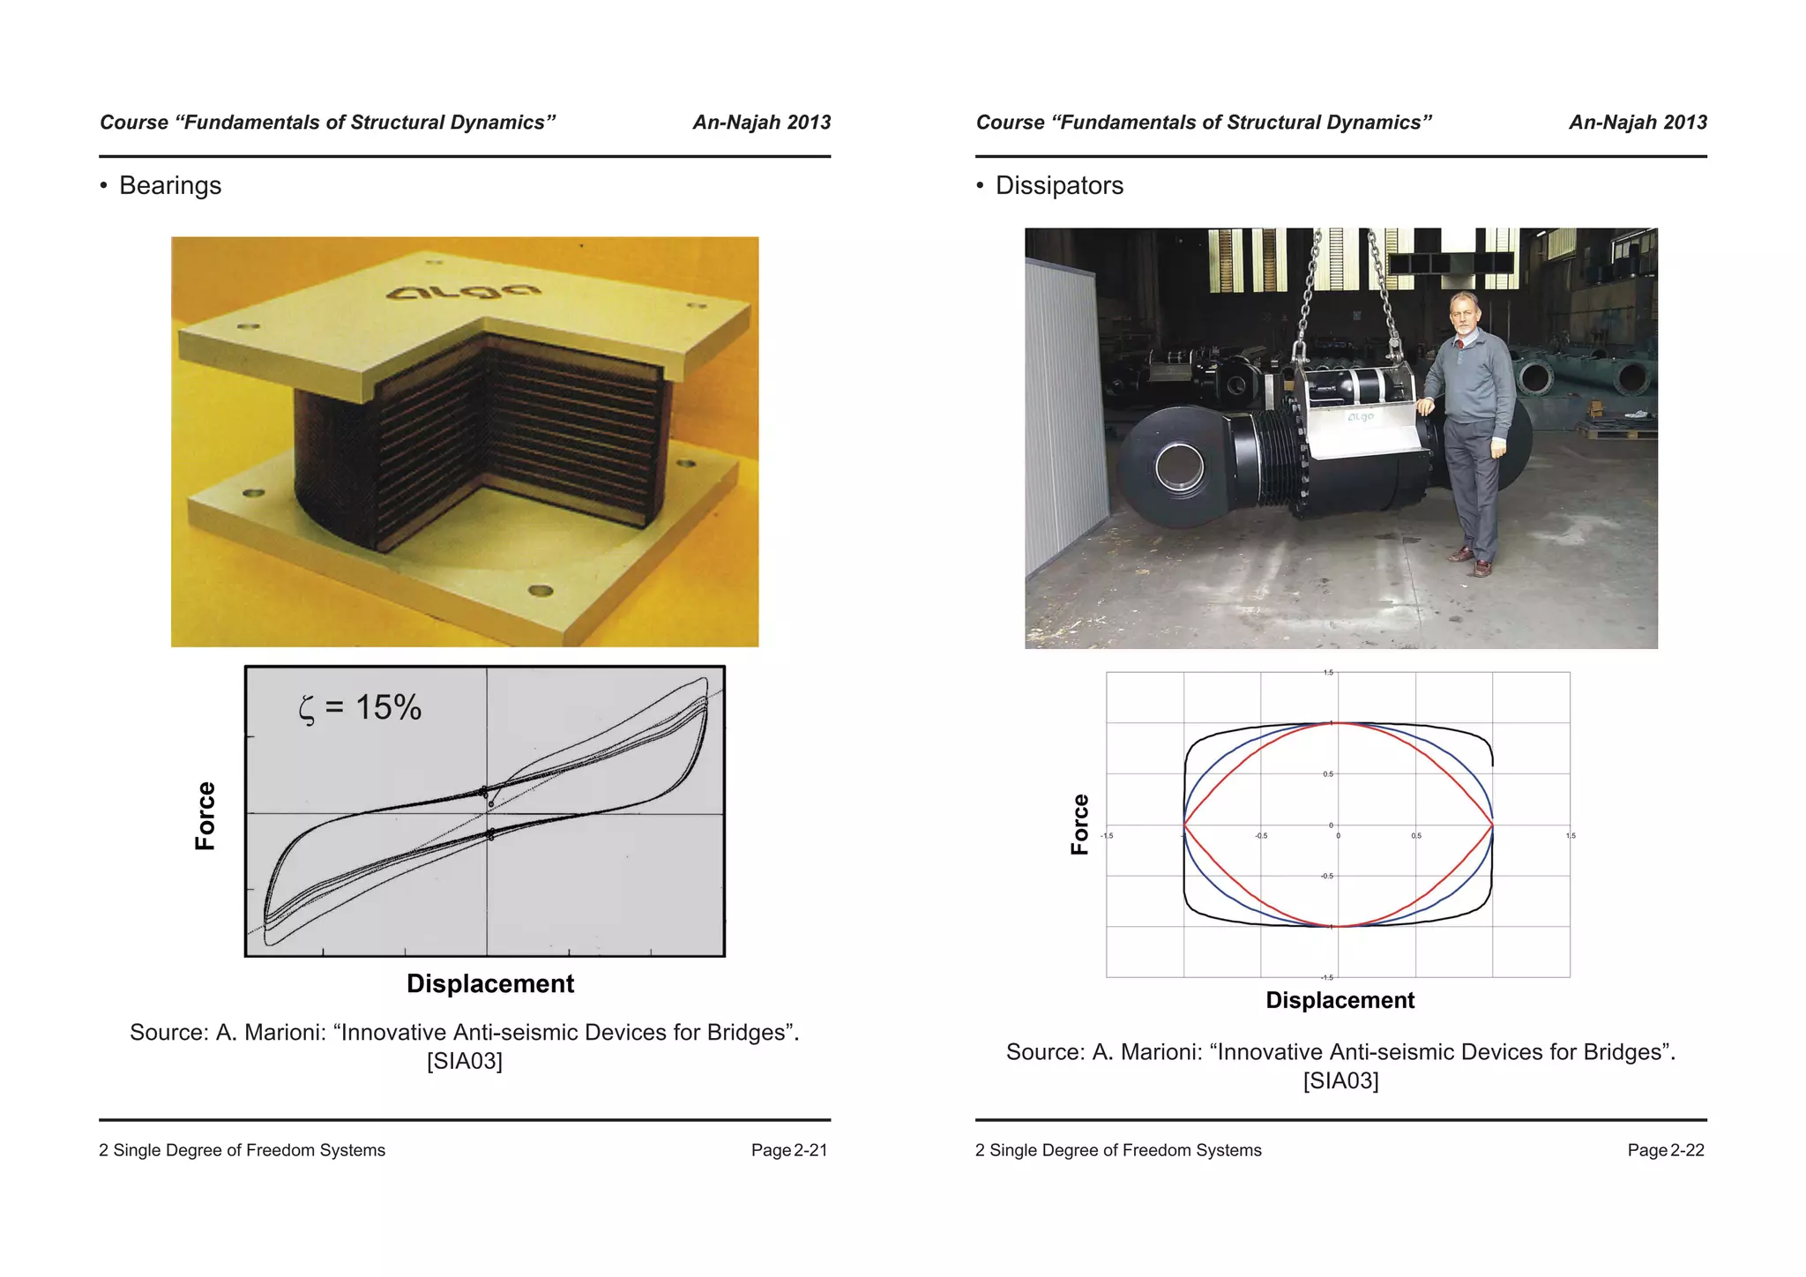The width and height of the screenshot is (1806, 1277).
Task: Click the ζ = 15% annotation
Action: pyautogui.click(x=361, y=707)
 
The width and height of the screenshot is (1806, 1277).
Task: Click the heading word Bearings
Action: pyautogui.click(x=170, y=185)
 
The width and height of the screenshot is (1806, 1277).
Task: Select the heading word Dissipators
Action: pyautogui.click(x=1059, y=185)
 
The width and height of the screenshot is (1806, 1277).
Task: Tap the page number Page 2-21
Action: pyautogui.click(x=788, y=1150)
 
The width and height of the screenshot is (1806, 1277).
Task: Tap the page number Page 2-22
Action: pyautogui.click(x=1665, y=1150)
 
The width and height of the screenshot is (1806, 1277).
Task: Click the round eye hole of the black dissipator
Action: pyautogui.click(x=1179, y=467)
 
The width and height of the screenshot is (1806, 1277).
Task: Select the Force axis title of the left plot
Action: pyautogui.click(x=205, y=816)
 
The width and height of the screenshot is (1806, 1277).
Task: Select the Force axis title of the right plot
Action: pyautogui.click(x=1080, y=825)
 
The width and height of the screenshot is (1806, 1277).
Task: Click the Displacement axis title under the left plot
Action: pyautogui.click(x=489, y=983)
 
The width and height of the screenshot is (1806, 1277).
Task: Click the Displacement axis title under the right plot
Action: pyautogui.click(x=1340, y=1000)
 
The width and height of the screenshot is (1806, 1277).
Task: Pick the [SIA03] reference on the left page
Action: pyautogui.click(x=464, y=1061)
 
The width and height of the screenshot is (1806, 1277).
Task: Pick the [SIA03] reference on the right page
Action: pyautogui.click(x=1340, y=1080)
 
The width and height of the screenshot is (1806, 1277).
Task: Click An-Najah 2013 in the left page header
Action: pyautogui.click(x=761, y=123)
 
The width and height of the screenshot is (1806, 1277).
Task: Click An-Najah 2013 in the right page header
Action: pyautogui.click(x=1638, y=123)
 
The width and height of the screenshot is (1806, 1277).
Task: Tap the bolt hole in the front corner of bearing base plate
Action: pyautogui.click(x=540, y=590)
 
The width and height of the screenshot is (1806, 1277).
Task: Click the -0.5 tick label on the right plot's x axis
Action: pyautogui.click(x=1261, y=836)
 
